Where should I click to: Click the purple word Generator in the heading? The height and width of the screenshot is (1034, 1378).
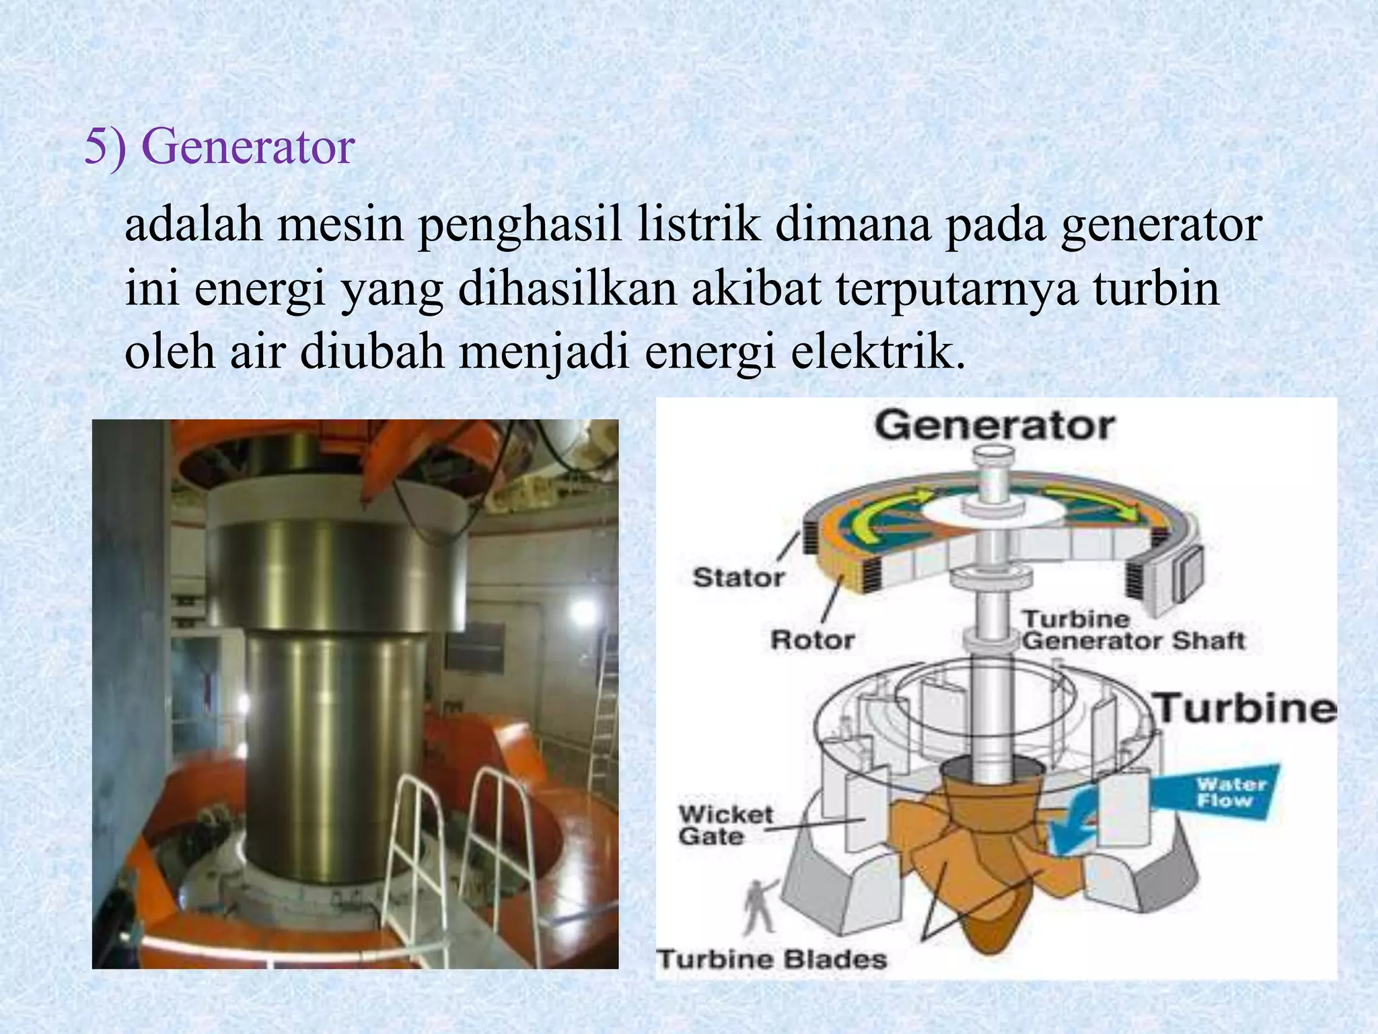248,147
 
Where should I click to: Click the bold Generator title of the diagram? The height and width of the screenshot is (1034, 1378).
994,426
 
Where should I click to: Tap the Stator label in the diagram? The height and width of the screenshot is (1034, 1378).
739,578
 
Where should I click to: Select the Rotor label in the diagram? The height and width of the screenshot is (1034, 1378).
812,640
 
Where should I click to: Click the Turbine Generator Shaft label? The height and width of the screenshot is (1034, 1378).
1133,631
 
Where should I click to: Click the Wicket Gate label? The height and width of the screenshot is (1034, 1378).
725,825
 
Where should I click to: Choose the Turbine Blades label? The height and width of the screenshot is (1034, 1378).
772,959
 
